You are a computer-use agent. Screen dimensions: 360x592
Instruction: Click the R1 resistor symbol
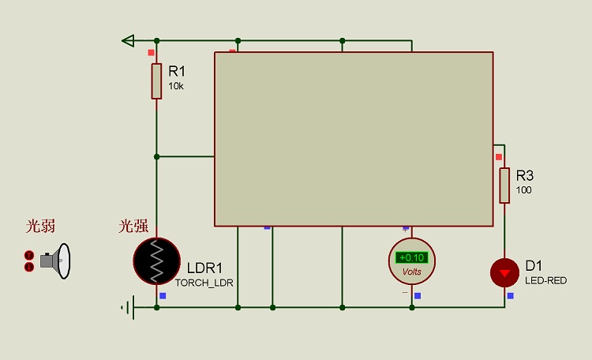click(156, 81)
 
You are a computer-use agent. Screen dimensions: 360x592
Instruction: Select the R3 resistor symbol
click(504, 186)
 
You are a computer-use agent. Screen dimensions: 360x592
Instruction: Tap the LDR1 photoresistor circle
click(156, 260)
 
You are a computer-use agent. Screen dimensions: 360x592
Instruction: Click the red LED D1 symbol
click(504, 272)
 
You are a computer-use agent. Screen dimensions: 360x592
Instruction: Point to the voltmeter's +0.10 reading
click(411, 257)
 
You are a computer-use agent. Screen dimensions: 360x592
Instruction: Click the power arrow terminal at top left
click(128, 40)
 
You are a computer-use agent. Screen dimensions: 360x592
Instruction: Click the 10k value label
click(176, 85)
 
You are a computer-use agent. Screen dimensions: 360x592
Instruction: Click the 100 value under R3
click(524, 190)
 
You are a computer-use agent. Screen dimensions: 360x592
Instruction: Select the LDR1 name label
click(204, 267)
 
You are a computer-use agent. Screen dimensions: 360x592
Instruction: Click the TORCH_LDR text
click(204, 282)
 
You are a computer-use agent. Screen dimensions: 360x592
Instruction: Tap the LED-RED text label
click(545, 280)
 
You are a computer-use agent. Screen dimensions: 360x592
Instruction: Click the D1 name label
click(534, 265)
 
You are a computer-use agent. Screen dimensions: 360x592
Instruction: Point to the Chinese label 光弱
click(40, 227)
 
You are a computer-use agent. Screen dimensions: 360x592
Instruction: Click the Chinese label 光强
click(133, 227)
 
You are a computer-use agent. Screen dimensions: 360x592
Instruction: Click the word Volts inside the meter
click(412, 272)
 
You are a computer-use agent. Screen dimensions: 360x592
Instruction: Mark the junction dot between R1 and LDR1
click(156, 156)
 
